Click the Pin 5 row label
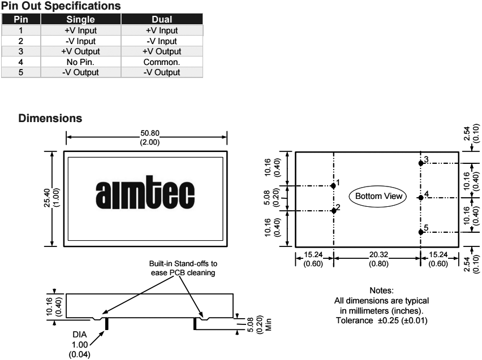click(20, 72)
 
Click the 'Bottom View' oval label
click(378, 197)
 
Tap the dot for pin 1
click(333, 185)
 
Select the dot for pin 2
click(333, 210)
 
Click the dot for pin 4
click(420, 197)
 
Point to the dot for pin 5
click(420, 231)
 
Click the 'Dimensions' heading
click(51, 119)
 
